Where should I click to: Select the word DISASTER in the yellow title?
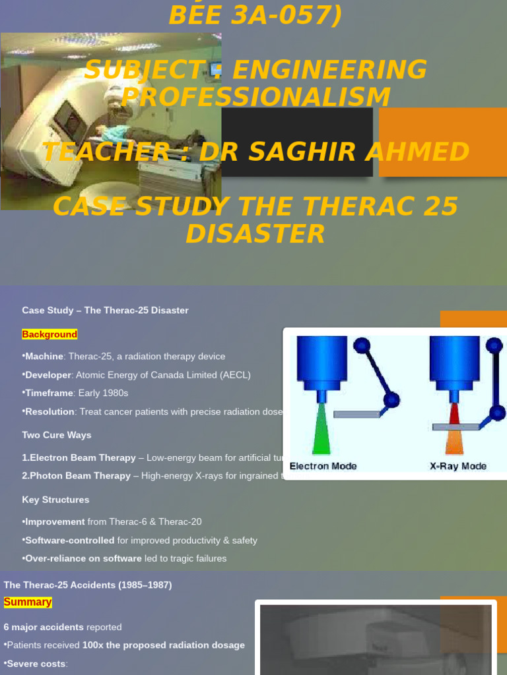[x=255, y=234]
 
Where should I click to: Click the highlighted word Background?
[x=50, y=334]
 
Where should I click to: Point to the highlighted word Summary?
[x=28, y=602]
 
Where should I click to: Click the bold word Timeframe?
[x=50, y=393]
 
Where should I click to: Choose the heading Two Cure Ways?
[x=57, y=435]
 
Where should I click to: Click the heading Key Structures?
[x=55, y=500]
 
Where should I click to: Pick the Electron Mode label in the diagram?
[x=323, y=466]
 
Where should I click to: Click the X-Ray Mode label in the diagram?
[x=458, y=466]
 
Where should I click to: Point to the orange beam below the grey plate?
[x=455, y=443]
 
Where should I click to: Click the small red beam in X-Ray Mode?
[x=454, y=414]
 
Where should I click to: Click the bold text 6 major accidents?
[x=44, y=627]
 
